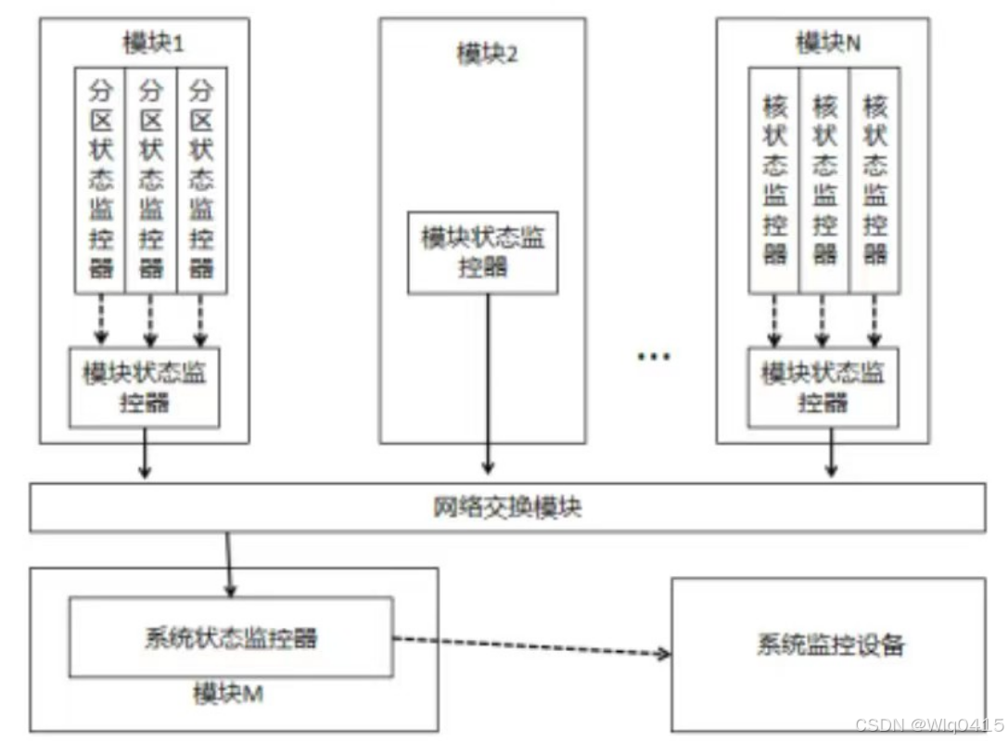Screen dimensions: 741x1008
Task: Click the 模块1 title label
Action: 149,44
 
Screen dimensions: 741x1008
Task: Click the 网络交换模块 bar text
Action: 507,507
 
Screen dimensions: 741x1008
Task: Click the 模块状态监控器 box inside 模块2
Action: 483,252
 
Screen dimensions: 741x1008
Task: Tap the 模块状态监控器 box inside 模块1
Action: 145,387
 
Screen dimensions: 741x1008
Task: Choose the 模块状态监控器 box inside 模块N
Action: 823,387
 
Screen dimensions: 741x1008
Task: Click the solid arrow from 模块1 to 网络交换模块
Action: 145,454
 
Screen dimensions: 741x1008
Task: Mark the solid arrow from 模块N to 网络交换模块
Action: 833,454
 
